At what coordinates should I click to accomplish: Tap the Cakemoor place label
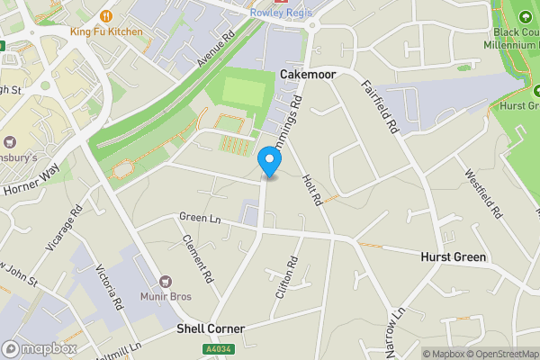[x=308, y=76]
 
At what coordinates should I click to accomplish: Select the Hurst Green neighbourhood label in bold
[x=454, y=257]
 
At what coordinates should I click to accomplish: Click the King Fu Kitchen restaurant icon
[x=106, y=15]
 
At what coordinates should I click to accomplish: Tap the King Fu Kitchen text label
[x=106, y=31]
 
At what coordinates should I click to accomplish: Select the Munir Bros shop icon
[x=165, y=283]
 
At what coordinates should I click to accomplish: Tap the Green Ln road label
[x=200, y=217]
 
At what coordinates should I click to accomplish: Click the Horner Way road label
[x=30, y=178]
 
